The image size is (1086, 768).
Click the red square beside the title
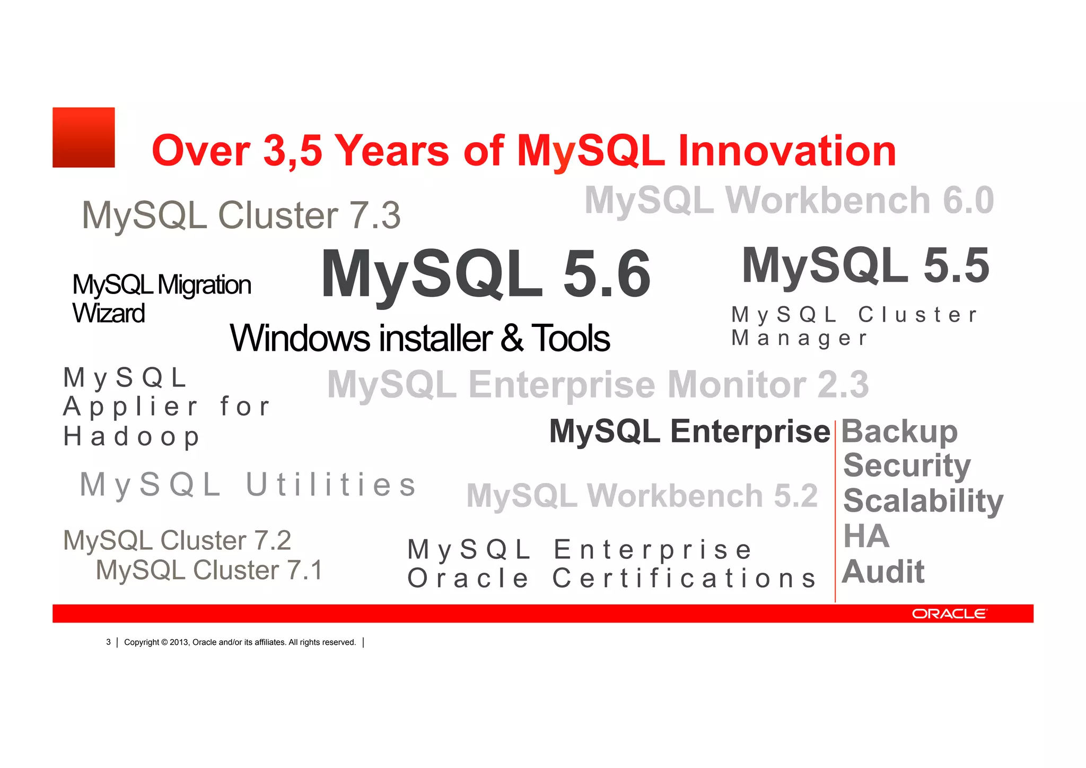[84, 137]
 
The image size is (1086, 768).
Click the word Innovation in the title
[787, 151]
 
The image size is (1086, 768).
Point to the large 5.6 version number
[607, 274]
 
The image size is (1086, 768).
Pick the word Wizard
[109, 313]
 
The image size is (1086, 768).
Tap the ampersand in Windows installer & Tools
[512, 338]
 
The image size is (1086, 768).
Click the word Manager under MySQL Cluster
[799, 338]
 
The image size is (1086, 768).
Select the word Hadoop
[132, 437]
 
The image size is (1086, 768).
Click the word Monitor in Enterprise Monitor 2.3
[737, 384]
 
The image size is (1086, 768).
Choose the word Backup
[899, 432]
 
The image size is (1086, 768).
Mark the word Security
[907, 465]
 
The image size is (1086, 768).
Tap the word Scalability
[923, 501]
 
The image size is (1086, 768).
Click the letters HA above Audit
[866, 536]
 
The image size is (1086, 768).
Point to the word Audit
[883, 572]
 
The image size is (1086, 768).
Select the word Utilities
[331, 485]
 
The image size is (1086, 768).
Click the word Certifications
[684, 579]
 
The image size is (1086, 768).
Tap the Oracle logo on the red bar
[949, 614]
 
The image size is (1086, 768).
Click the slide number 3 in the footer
[108, 642]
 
